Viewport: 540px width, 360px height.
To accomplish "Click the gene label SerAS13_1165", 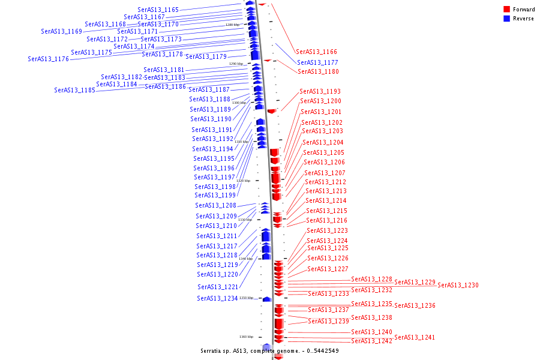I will (x=158, y=10).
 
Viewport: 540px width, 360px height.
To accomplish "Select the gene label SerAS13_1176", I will (x=48, y=59).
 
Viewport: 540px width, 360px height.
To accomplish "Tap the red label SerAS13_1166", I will (x=316, y=52).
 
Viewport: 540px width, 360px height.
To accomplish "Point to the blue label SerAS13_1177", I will (x=317, y=62).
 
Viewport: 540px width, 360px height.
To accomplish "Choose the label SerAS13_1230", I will (x=458, y=285).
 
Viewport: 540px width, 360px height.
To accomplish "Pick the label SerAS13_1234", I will (x=217, y=298).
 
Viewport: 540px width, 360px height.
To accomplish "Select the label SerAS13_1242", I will (x=371, y=341).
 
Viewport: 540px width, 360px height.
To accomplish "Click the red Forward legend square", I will (x=506, y=10).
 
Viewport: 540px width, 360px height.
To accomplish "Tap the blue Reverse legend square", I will (x=506, y=19).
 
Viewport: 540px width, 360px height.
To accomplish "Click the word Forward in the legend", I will (x=524, y=10).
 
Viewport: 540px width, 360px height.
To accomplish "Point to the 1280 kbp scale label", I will (x=233, y=25).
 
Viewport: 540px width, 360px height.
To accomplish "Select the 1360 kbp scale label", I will (x=246, y=337).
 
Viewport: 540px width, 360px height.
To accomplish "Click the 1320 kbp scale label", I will (x=243, y=181).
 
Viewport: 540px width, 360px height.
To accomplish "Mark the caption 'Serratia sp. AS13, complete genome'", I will (x=252, y=350).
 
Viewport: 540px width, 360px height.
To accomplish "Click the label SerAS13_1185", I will (x=74, y=90).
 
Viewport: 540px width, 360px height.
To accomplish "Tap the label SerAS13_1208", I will (x=215, y=205).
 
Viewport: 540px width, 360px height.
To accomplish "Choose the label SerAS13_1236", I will (x=415, y=305).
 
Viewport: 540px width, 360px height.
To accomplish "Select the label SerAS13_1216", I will (x=326, y=220).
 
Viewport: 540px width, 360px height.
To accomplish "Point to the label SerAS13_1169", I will (x=61, y=31).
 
